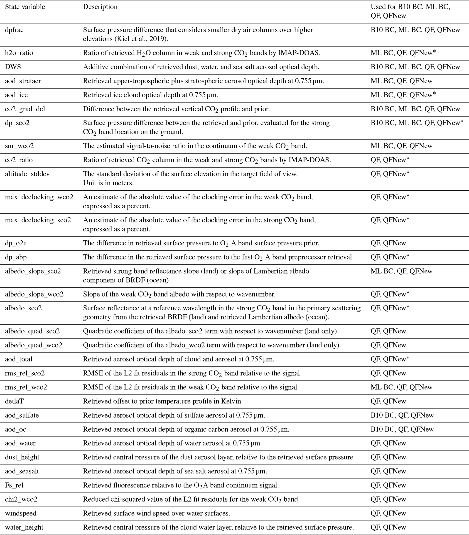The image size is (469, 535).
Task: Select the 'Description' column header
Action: click(x=100, y=7)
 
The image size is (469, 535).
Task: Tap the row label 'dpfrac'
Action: click(x=14, y=30)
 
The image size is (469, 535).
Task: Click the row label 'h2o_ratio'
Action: click(x=19, y=53)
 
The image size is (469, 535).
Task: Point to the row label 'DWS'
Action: click(x=13, y=67)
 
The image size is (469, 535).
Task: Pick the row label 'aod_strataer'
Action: click(x=23, y=81)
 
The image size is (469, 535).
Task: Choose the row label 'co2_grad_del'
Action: click(x=25, y=109)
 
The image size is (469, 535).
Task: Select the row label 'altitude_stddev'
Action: click(x=27, y=174)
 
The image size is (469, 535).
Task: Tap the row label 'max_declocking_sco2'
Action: click(x=38, y=220)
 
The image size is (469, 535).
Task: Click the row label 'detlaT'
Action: click(x=14, y=401)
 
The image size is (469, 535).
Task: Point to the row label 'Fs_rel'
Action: click(x=14, y=485)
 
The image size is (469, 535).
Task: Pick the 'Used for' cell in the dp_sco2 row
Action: click(x=417, y=123)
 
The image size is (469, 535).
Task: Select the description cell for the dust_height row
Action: click(x=219, y=457)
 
